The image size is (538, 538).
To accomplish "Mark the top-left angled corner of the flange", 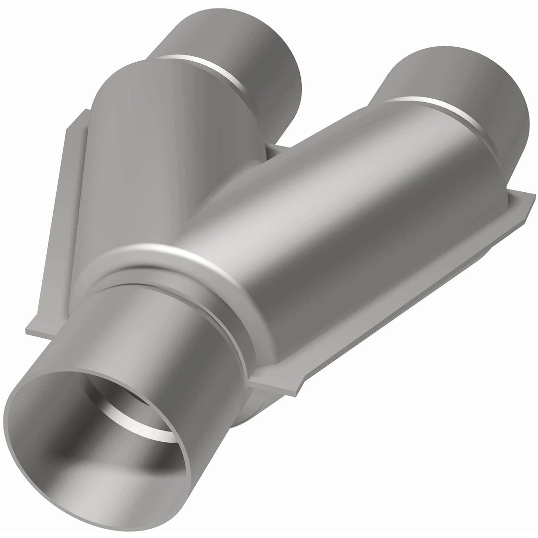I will (75, 120).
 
